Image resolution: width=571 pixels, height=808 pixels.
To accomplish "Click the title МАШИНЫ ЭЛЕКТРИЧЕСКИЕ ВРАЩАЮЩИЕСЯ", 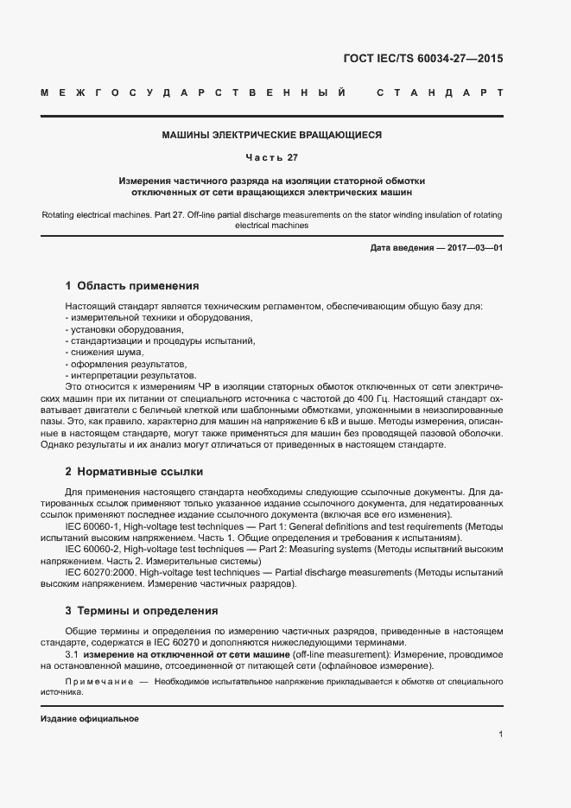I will [272, 136].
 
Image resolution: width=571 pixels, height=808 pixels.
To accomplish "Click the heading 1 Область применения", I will [132, 285].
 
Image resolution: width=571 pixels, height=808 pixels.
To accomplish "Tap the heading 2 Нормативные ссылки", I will [134, 472].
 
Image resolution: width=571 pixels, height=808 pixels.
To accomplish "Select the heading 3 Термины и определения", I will [141, 611].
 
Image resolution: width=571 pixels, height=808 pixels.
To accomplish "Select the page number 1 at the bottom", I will [501, 734].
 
